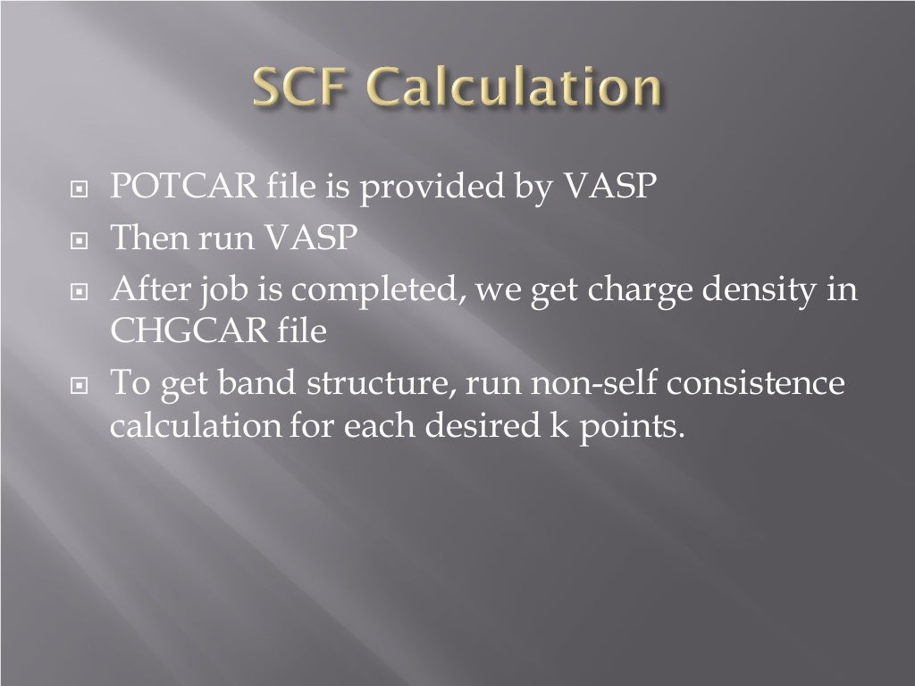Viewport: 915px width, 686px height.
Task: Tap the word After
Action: (144, 289)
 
